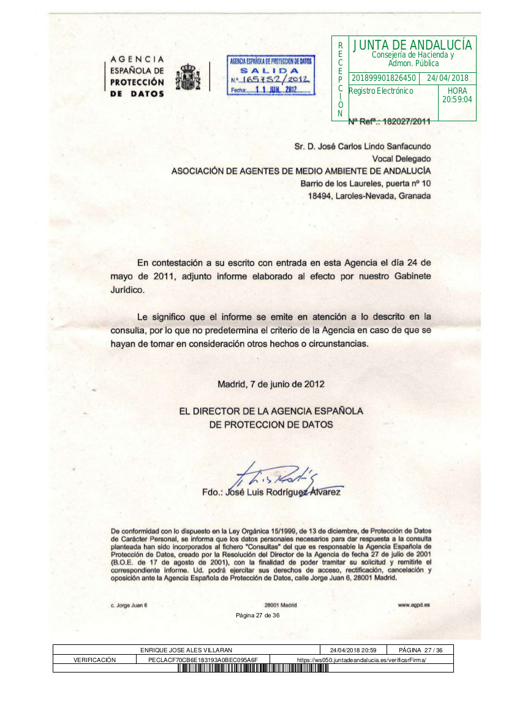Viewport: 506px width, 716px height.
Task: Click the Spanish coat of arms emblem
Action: [x=188, y=77]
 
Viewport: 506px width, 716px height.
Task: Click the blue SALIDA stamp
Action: [x=271, y=76]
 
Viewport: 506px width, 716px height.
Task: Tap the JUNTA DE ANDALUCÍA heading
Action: [x=412, y=45]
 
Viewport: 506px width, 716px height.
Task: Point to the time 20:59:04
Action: [x=457, y=99]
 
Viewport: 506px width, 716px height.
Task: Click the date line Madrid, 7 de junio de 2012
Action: [x=271, y=385]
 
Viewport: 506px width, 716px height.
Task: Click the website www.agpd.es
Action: [x=413, y=605]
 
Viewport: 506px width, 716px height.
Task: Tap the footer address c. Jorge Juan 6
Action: [x=129, y=605]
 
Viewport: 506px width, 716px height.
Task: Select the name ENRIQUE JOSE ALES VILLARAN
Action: [x=186, y=650]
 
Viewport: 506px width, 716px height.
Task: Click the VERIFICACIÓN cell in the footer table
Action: [x=94, y=660]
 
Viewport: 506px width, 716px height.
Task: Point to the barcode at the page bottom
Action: [x=253, y=668]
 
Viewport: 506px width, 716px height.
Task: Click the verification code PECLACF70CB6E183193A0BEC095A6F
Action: [x=203, y=660]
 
